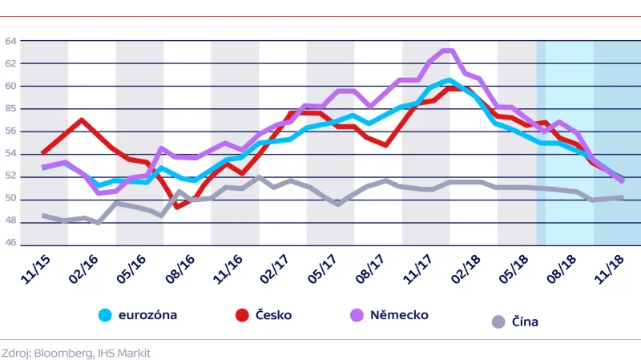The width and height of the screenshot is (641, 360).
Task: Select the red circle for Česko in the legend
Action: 242,315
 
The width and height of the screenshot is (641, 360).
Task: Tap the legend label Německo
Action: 399,315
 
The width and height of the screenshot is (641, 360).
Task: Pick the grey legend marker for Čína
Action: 498,322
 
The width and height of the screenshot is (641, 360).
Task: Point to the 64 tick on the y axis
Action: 11,41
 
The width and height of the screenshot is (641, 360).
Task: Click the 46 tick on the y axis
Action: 11,245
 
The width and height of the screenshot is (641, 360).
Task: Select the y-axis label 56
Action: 11,131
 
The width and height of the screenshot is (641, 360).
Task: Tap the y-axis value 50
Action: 11,200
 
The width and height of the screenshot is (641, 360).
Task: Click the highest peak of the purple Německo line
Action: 450,51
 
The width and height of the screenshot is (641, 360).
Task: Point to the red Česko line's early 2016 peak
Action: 82,119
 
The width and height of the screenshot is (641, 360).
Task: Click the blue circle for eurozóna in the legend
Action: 105,315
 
